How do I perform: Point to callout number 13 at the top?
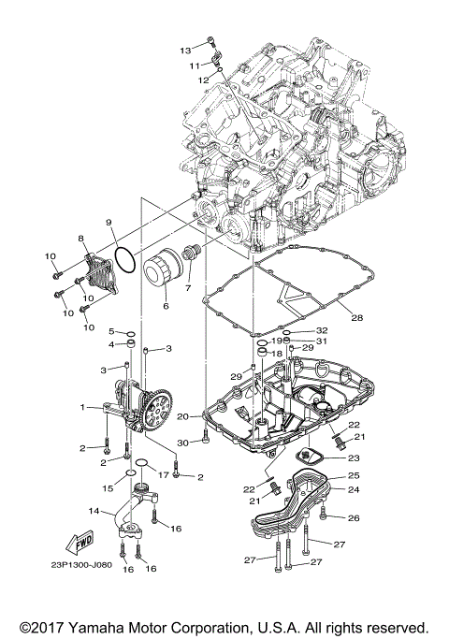pos(184,49)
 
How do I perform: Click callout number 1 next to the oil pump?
pos(83,407)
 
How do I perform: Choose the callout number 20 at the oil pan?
pos(183,415)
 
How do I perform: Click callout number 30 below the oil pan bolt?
pos(183,442)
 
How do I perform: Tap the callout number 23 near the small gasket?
pos(353,458)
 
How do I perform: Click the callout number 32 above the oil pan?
pos(322,331)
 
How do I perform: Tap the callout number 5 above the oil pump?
pos(110,332)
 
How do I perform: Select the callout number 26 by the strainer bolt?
pos(353,516)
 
